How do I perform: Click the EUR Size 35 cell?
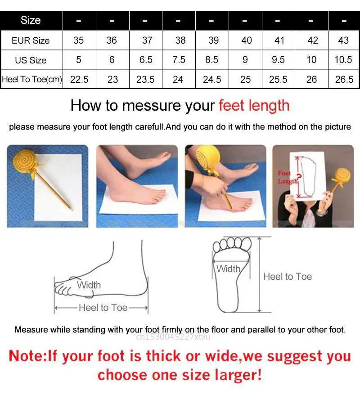coord(79,40)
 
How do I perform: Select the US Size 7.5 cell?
coord(179,60)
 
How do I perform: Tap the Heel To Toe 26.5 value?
coord(344,80)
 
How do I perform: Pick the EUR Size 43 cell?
coord(343,40)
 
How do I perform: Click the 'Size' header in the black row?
coord(31,20)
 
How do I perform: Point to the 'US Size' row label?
coord(31,60)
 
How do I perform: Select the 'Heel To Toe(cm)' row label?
coord(32,80)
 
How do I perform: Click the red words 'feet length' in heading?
coord(254,106)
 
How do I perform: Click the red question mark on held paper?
coord(299,178)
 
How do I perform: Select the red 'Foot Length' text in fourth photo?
coord(286,177)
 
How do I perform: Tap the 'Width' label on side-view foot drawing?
coord(89,285)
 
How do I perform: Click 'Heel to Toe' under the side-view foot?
coord(103,308)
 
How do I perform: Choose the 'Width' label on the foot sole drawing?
coord(228,269)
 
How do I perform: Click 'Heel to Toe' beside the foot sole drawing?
coord(288,277)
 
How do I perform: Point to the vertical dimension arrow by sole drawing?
coord(260,274)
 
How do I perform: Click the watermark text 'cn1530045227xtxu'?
coord(171,337)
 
